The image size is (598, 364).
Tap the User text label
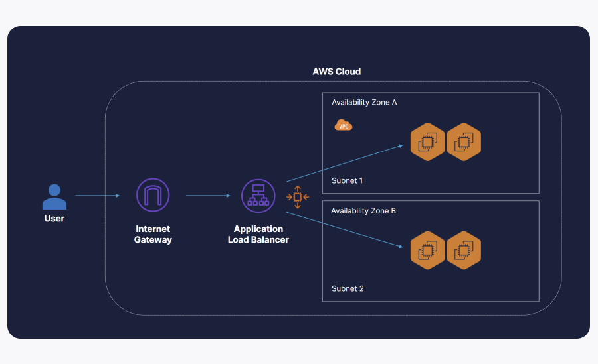(x=54, y=218)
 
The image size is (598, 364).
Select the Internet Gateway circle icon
(x=153, y=195)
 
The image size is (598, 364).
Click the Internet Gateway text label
(x=153, y=234)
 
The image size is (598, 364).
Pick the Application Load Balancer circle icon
(x=258, y=196)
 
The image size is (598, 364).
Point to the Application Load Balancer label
(x=258, y=234)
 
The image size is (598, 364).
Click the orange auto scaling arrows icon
(x=298, y=197)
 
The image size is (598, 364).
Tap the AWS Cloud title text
(x=336, y=71)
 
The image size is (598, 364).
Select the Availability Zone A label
(x=364, y=103)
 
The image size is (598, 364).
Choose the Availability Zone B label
(x=364, y=211)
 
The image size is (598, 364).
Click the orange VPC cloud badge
(x=344, y=125)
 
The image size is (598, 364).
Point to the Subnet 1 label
(x=348, y=180)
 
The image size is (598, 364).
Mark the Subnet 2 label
(x=348, y=288)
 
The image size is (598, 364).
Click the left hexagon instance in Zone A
(x=427, y=142)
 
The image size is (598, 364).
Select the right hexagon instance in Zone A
(x=464, y=142)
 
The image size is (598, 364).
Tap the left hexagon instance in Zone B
(x=427, y=250)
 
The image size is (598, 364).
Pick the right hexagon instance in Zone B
(x=464, y=250)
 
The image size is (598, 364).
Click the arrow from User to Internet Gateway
(x=97, y=196)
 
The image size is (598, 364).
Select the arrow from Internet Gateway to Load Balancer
(x=208, y=196)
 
